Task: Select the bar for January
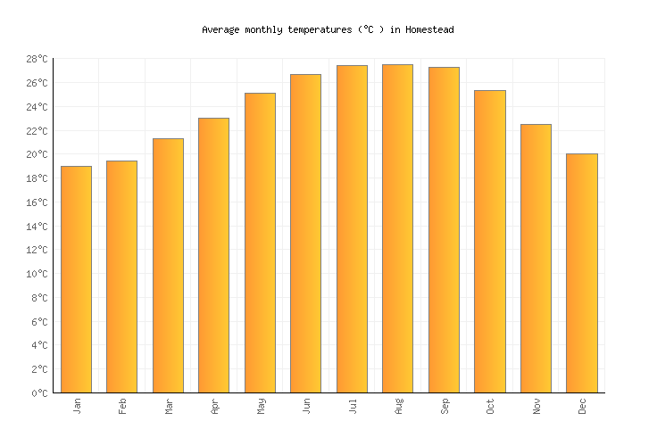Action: click(76, 279)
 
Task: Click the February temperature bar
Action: click(121, 277)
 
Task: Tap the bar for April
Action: click(213, 255)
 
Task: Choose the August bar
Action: click(397, 228)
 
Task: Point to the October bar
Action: click(489, 241)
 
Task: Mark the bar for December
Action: click(581, 273)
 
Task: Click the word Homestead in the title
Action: click(429, 29)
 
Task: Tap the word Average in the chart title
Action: click(220, 29)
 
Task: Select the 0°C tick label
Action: click(39, 393)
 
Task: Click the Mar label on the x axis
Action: click(168, 406)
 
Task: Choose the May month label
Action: click(260, 406)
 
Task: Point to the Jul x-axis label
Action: click(352, 406)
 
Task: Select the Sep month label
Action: click(444, 406)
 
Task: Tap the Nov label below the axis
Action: click(536, 406)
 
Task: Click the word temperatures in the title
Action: click(299, 29)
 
